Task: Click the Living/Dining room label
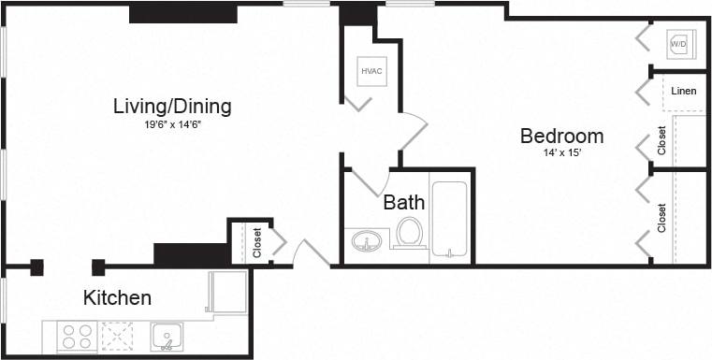tap(172, 106)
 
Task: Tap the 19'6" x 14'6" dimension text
tap(172, 124)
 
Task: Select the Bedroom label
tap(561, 136)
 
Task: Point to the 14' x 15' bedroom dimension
tap(561, 153)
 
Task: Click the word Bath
tap(404, 201)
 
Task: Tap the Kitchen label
tap(117, 298)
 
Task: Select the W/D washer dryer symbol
tap(678, 44)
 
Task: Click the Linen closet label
tap(683, 91)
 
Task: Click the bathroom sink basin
tap(368, 243)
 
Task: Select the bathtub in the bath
tap(451, 220)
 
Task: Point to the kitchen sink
tap(167, 336)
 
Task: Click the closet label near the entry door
tap(257, 242)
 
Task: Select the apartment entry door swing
tap(309, 253)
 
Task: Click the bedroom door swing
tap(412, 131)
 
